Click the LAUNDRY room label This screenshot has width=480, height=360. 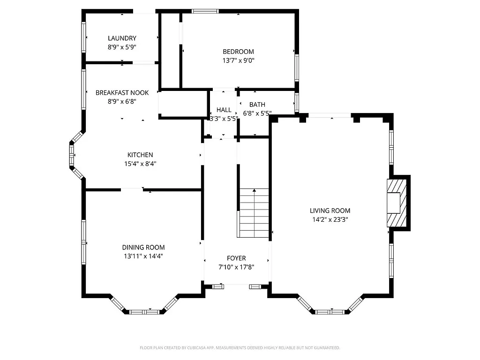click(122, 38)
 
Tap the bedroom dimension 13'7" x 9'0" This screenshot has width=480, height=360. click(238, 60)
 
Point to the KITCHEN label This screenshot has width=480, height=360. click(140, 155)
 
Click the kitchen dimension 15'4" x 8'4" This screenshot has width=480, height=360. click(140, 164)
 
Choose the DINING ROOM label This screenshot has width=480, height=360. click(143, 247)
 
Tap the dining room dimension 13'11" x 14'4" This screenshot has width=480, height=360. click(143, 256)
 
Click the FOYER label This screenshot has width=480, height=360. click(236, 258)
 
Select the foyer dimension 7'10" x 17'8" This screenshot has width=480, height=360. click(236, 267)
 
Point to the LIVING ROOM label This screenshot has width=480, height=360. click(330, 211)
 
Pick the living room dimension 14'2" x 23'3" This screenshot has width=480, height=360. click(330, 219)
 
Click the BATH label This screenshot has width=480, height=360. click(257, 105)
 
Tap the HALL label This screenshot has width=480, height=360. click(224, 110)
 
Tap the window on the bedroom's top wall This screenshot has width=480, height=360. click(205, 11)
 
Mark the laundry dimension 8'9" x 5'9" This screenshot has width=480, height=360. click(122, 47)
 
